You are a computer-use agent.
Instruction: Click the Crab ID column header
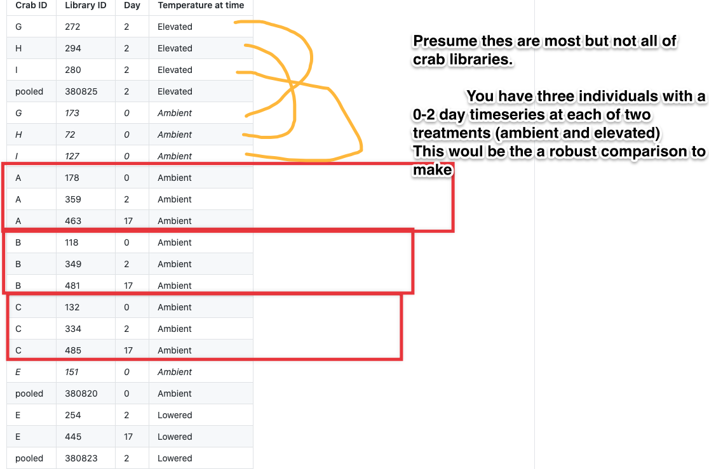pyautogui.click(x=31, y=6)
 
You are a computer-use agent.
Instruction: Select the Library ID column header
pyautogui.click(x=86, y=6)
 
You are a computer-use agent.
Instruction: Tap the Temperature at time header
pyautogui.click(x=201, y=6)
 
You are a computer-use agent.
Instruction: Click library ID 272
pyautogui.click(x=72, y=27)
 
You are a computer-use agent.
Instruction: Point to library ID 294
pyautogui.click(x=73, y=48)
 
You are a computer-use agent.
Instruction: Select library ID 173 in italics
pyautogui.click(x=72, y=113)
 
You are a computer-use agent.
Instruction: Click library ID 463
pyautogui.click(x=73, y=221)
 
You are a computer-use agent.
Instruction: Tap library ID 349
pyautogui.click(x=73, y=264)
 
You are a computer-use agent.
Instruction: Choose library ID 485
pyautogui.click(x=73, y=350)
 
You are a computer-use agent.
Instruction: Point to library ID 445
pyautogui.click(x=73, y=437)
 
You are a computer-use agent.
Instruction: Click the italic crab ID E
pyautogui.click(x=18, y=372)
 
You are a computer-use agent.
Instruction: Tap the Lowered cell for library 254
pyautogui.click(x=175, y=415)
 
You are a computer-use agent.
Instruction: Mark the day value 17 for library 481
pyautogui.click(x=128, y=286)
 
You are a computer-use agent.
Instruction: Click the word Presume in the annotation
pyautogui.click(x=445, y=41)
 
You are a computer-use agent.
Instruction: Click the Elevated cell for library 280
pyautogui.click(x=175, y=70)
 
